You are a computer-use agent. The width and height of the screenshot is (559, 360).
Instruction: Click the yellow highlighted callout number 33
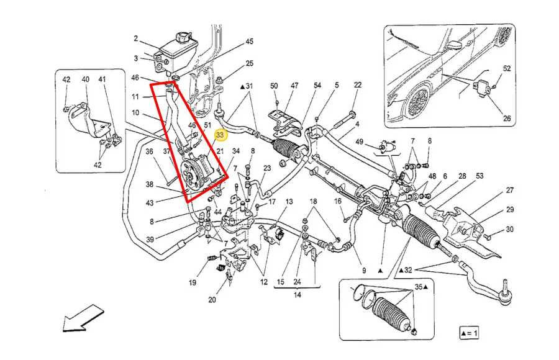(219, 133)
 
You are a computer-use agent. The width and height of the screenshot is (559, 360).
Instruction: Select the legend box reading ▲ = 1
(469, 333)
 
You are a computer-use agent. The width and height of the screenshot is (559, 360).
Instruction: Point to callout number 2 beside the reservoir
(135, 38)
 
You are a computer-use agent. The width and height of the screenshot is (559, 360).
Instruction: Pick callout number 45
(249, 42)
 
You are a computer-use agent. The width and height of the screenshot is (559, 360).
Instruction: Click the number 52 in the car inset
(507, 68)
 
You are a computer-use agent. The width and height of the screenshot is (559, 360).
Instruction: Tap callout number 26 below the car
(507, 119)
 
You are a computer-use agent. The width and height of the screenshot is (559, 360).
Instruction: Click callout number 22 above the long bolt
(358, 85)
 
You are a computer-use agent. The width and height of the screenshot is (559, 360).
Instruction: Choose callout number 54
(317, 85)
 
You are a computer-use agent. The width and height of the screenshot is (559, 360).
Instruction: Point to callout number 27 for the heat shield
(509, 191)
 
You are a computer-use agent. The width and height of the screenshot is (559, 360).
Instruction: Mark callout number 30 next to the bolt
(509, 230)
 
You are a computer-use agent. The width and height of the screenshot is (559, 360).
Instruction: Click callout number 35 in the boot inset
(418, 288)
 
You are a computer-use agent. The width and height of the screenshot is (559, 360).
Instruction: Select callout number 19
(193, 283)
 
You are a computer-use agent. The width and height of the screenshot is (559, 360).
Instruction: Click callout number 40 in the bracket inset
(85, 79)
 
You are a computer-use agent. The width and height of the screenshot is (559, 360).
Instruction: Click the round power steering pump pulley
(196, 171)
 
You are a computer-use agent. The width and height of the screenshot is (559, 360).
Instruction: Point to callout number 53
(479, 177)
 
